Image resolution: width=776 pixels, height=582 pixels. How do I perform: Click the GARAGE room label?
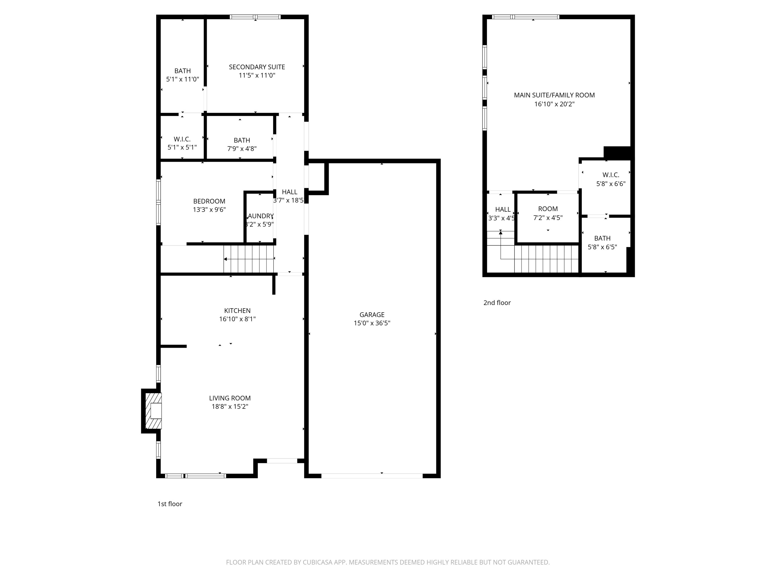(372, 315)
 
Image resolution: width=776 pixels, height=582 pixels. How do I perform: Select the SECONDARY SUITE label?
(257, 67)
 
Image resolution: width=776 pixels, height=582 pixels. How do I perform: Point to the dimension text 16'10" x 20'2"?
(554, 104)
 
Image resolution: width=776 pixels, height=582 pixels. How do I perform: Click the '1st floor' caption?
(170, 504)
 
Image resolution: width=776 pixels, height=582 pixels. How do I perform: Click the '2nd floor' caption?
(497, 303)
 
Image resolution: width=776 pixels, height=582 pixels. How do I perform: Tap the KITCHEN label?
(237, 310)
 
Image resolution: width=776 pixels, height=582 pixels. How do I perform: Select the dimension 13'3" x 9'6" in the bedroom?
(209, 210)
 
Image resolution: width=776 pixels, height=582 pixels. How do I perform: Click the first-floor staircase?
(249, 259)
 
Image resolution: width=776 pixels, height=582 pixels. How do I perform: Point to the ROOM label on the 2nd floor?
(548, 209)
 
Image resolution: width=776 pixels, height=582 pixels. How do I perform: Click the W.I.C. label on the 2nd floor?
(611, 175)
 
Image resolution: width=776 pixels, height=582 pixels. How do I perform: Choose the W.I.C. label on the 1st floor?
(182, 139)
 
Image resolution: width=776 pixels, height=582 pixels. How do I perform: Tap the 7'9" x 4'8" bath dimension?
(242, 149)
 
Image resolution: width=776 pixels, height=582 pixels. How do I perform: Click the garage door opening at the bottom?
(372, 476)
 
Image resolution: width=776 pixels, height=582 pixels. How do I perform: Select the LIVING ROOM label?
(230, 398)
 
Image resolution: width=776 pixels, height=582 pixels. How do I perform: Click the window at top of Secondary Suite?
(255, 17)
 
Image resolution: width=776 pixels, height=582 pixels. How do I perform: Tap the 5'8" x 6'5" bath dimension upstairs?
(602, 247)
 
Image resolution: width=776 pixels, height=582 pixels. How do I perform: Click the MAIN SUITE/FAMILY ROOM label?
(554, 95)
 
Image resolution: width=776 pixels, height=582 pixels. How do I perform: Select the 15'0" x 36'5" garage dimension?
(372, 323)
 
